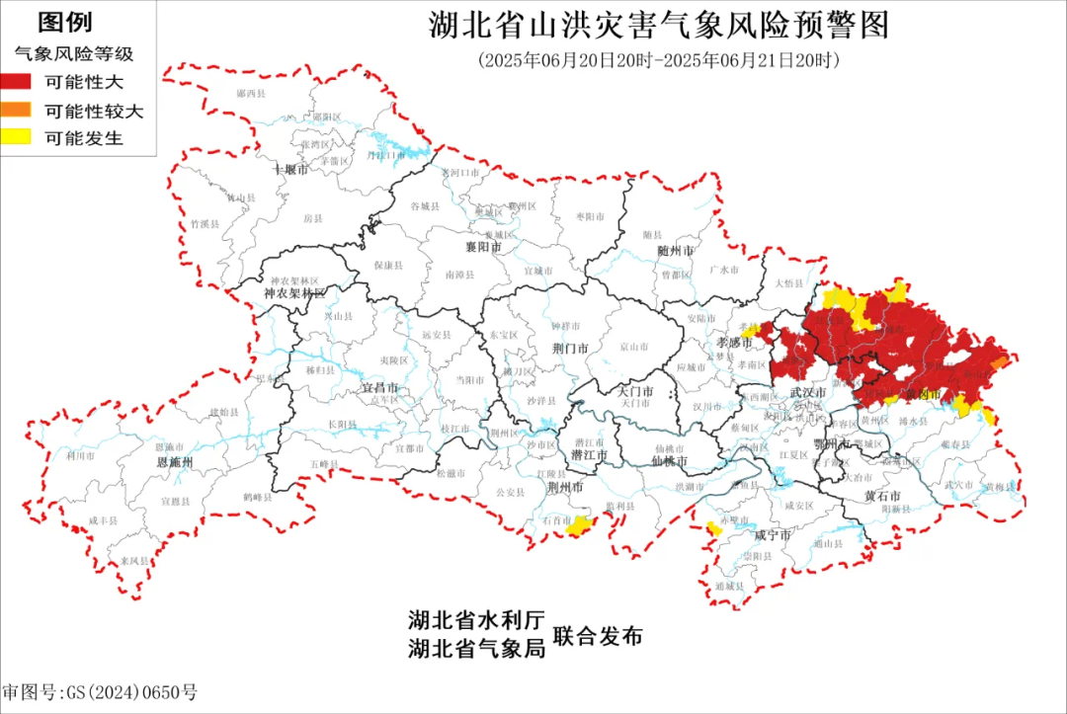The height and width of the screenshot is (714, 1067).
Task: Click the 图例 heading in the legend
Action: [65, 23]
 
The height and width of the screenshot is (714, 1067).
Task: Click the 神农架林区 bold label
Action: [293, 294]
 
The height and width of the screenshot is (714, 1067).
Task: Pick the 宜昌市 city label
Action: [380, 389]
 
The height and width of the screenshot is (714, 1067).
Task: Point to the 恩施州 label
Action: [175, 462]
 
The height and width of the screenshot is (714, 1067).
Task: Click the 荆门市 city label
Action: [570, 349]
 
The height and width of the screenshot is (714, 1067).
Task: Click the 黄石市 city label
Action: [882, 495]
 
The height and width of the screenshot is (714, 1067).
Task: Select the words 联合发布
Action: [598, 636]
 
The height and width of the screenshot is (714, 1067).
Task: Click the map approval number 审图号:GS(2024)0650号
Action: [100, 692]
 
